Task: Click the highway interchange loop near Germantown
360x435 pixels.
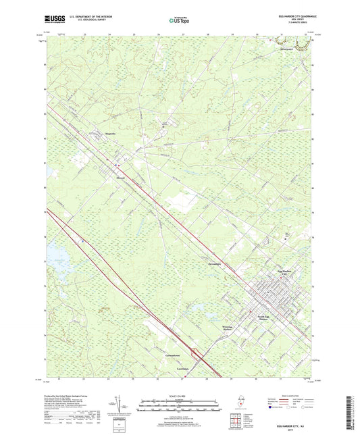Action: (194, 352)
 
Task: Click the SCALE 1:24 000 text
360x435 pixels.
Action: (179, 394)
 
